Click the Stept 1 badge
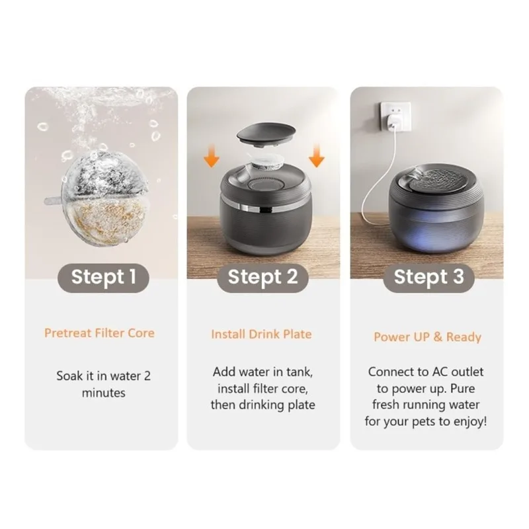tap(102, 276)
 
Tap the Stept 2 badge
tap(263, 276)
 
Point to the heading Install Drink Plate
tap(261, 334)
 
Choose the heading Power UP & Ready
tap(427, 337)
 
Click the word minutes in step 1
tap(103, 392)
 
